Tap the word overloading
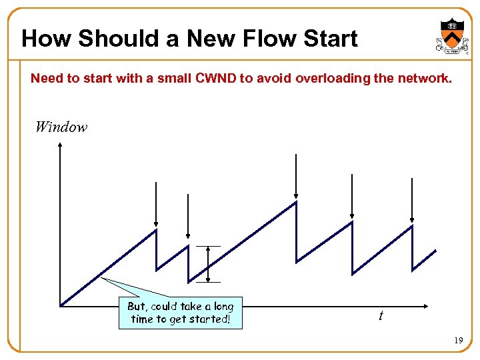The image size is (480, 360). (329, 79)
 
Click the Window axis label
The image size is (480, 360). (61, 127)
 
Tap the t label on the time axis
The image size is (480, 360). (381, 315)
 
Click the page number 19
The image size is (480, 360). (458, 341)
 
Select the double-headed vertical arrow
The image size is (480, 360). (209, 264)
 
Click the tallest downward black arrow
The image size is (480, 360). (296, 177)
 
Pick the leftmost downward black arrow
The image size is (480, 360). (155, 203)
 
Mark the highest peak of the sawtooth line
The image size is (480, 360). (296, 202)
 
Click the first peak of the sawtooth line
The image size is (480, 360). (155, 229)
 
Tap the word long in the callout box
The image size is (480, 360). (223, 307)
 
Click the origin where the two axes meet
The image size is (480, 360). (60, 307)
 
